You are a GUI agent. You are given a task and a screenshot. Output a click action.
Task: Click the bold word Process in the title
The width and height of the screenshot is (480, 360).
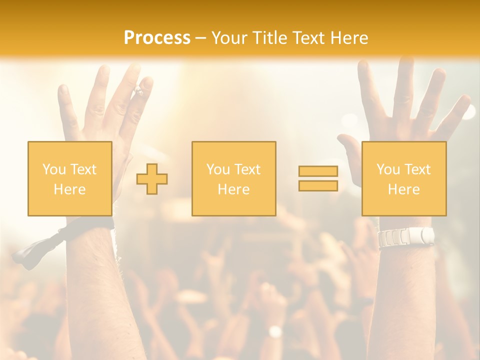coord(157,38)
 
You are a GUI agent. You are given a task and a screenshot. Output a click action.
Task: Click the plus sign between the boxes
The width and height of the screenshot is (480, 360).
coord(152,179)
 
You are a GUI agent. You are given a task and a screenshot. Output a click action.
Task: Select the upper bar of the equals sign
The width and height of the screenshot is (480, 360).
coord(318,171)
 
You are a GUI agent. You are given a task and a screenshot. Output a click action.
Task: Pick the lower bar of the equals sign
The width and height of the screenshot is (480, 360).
coord(318,186)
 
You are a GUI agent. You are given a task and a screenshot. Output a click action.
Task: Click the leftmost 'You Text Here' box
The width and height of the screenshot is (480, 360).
coord(69,178)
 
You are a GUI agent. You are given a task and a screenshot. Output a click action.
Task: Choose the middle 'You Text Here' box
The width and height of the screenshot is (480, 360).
coord(233,178)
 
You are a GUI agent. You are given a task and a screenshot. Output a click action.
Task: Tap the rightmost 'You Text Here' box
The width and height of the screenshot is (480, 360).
coord(403,178)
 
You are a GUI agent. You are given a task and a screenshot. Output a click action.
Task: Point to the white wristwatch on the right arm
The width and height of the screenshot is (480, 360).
coord(406,236)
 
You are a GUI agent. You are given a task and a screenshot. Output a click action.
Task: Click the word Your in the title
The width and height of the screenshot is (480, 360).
coord(229,38)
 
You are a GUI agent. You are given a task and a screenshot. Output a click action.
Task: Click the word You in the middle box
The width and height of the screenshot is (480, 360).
coord(218,169)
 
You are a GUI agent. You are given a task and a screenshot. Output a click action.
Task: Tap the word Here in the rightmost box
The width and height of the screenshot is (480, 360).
coord(403,189)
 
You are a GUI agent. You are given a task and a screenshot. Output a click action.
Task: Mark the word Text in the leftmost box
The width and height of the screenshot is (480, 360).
coord(83,169)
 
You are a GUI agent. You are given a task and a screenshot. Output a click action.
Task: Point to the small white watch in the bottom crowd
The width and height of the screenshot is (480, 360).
coord(275,331)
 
